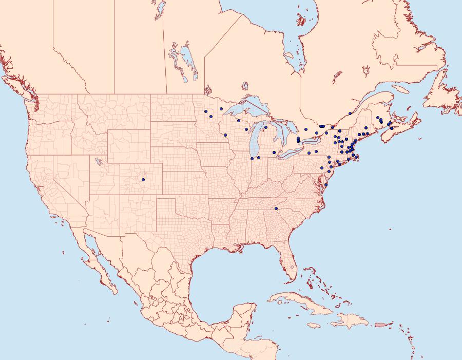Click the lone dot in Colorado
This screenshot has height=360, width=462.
[x=143, y=179]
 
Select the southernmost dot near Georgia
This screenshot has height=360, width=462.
[x=276, y=209]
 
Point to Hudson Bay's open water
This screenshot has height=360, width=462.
[x=257, y=31]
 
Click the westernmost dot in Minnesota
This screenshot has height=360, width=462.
[x=205, y=110]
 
